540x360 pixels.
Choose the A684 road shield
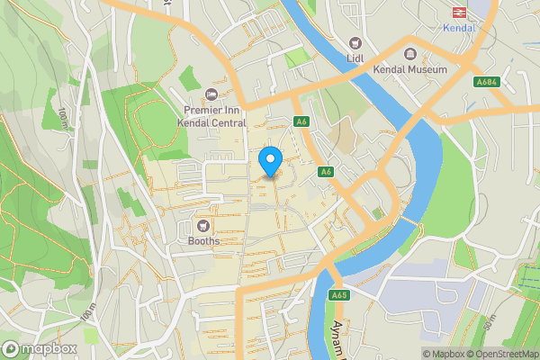pyautogui.click(x=487, y=82)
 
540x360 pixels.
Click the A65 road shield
pyautogui.click(x=339, y=293)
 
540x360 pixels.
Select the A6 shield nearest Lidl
pyautogui.click(x=301, y=122)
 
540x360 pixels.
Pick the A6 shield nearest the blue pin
pyautogui.click(x=326, y=172)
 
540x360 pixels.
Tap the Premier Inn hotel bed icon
pyautogui.click(x=211, y=94)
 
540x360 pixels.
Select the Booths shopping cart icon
pyautogui.click(x=203, y=225)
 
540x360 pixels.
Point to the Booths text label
pyautogui.click(x=203, y=241)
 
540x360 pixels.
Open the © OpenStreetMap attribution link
pyautogui.click(x=503, y=354)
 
